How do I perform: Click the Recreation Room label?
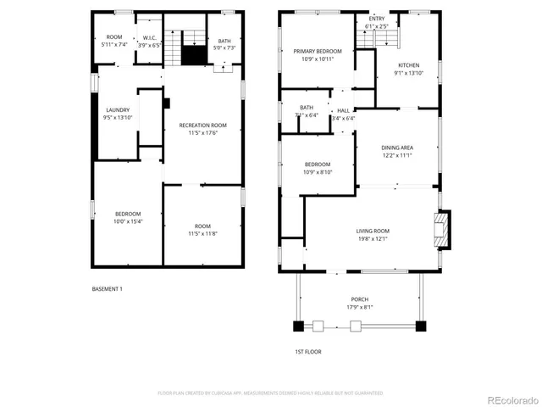click(x=202, y=125)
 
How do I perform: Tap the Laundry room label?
click(x=117, y=110)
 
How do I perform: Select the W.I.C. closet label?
click(x=150, y=36)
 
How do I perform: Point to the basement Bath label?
click(x=224, y=41)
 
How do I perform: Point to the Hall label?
click(x=343, y=110)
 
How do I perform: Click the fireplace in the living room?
click(x=440, y=229)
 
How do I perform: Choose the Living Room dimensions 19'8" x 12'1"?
click(x=372, y=238)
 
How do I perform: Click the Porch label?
click(x=360, y=299)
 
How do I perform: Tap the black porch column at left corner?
click(x=298, y=325)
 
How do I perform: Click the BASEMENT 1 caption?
click(x=108, y=289)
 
